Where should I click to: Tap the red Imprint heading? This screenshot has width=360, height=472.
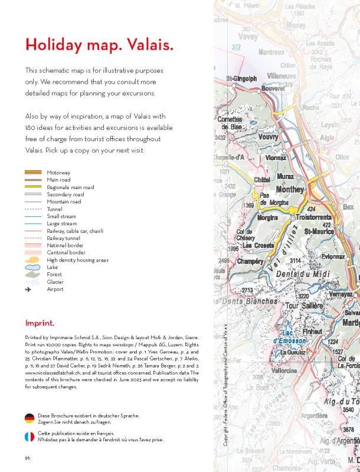40,323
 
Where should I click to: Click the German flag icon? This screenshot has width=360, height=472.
30,418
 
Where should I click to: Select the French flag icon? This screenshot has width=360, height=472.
30,437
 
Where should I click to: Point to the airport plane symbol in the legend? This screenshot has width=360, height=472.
28,289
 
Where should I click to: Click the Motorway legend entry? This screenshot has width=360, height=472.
59,172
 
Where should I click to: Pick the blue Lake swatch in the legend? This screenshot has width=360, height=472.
33,268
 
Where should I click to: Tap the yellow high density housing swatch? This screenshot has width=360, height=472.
33,260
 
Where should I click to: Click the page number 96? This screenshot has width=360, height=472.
28,458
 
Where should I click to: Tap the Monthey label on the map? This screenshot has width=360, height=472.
290,190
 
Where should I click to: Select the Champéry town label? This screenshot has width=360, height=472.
250,261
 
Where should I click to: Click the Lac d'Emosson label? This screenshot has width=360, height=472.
289,337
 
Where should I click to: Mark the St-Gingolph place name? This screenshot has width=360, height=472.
241,79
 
